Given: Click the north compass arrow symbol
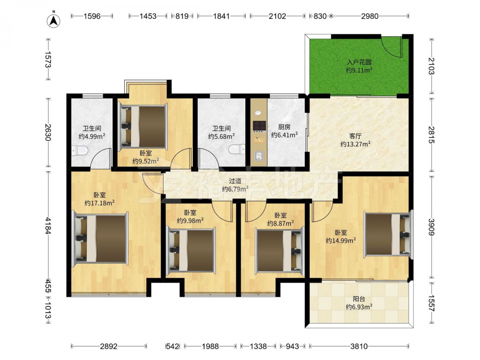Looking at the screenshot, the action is click(53, 20).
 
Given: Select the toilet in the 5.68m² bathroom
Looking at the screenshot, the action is click(237, 150).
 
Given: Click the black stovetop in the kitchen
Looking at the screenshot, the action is click(259, 125).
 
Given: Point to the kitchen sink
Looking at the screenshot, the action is click(259, 156).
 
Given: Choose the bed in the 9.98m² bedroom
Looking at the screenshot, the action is click(191, 250).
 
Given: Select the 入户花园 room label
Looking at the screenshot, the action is click(359, 62).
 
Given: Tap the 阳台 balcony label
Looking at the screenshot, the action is click(359, 299).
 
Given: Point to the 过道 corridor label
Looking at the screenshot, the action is click(235, 181).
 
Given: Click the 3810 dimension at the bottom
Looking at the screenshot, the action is click(359, 346).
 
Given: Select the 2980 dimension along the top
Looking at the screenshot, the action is click(370, 16).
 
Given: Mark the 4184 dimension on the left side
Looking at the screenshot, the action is click(48, 226).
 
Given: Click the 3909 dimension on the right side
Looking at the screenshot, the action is click(432, 227).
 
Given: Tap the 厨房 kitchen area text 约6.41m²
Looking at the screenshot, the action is click(284, 135).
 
